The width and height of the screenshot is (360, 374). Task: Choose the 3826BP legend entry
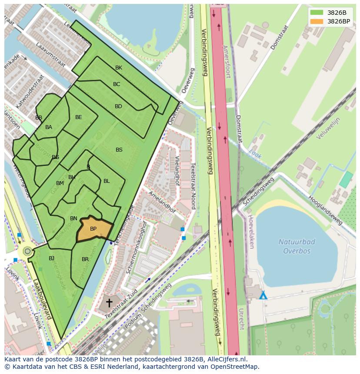[x=330, y=21]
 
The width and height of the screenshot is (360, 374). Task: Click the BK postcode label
[x=119, y=68]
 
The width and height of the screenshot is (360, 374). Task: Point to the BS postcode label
[x=119, y=150]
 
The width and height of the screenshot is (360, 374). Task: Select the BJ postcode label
[x=51, y=258]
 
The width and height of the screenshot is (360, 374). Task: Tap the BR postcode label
[x=85, y=260]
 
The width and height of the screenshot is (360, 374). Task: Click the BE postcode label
[x=78, y=117]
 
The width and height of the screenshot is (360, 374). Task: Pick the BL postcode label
[x=107, y=181]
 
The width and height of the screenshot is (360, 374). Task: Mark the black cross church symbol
[x=109, y=302]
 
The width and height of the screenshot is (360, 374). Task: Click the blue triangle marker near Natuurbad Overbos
[x=263, y=296]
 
